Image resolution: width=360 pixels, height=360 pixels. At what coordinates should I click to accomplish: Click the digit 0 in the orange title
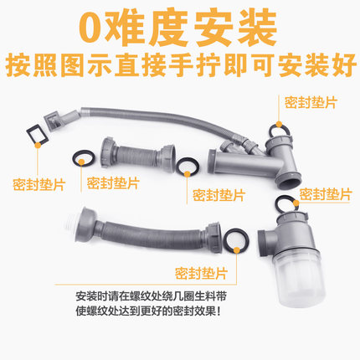(93, 28)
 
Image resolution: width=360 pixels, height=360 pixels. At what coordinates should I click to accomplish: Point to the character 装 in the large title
(256, 28)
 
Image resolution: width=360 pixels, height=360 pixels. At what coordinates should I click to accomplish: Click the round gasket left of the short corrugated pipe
(84, 158)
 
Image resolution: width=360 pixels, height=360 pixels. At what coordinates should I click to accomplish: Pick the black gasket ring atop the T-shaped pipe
(279, 128)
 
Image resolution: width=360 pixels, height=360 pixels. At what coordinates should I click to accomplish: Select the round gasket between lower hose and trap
(237, 240)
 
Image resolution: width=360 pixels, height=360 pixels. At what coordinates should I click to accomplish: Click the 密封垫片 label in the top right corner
(311, 102)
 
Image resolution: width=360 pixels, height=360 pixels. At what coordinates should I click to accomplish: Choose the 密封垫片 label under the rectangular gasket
(39, 184)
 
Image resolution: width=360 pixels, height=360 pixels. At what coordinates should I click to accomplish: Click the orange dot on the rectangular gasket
(38, 145)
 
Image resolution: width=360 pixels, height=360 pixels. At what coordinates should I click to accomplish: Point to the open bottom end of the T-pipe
(289, 179)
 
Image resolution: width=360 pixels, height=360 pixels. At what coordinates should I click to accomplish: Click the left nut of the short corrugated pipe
(107, 152)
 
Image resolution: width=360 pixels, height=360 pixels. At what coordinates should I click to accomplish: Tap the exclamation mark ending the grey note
(218, 311)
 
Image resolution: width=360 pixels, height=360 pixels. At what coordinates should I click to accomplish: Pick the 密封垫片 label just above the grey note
(201, 274)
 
